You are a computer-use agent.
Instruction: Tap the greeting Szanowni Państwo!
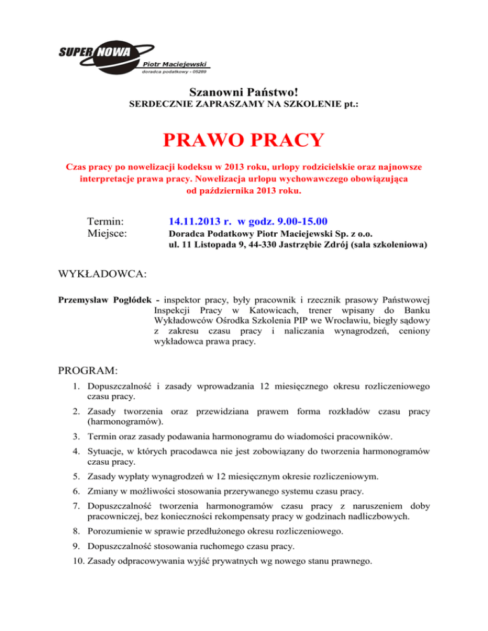pos(244,93)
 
